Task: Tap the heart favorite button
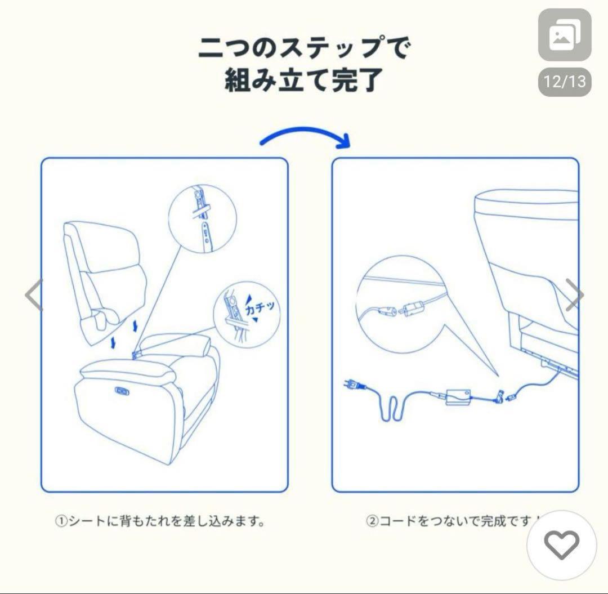point(561,544)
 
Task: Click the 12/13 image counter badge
point(565,82)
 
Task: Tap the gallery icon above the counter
point(565,35)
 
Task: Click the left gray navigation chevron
point(34,295)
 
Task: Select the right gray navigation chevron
point(574,295)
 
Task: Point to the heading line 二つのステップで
point(303,48)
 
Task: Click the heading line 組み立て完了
point(303,81)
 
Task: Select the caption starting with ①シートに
point(159,521)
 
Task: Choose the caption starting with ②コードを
point(453,521)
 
